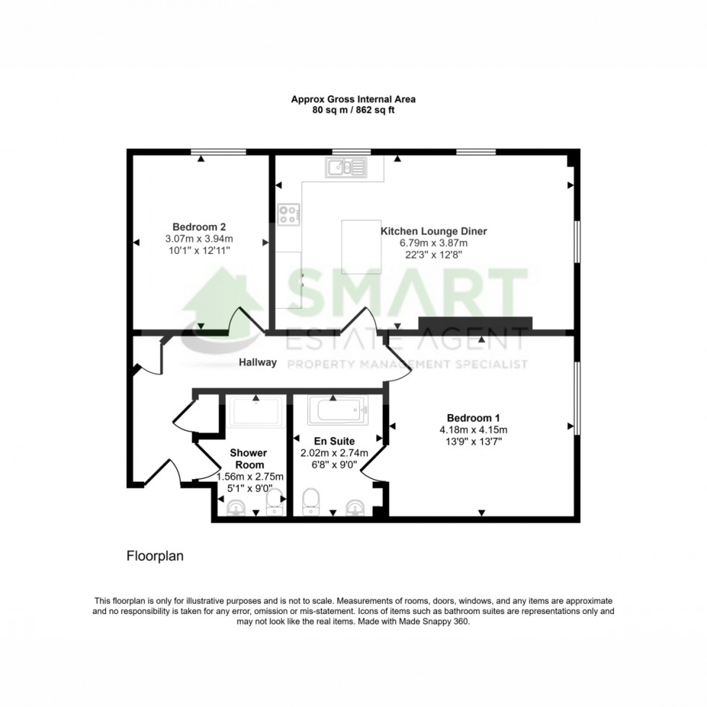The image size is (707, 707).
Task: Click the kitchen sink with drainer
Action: click(346, 168)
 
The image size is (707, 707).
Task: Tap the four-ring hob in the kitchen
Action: click(289, 214)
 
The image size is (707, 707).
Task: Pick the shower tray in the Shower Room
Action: click(256, 411)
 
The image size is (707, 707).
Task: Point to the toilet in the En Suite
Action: click(311, 500)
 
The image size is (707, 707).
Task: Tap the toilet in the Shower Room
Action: click(275, 501)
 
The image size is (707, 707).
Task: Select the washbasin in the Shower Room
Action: click(236, 510)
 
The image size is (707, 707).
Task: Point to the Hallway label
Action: click(258, 363)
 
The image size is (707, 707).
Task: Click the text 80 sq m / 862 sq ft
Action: click(353, 110)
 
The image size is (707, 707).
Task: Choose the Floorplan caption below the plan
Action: click(156, 556)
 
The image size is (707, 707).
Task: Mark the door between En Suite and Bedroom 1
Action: click(373, 462)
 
